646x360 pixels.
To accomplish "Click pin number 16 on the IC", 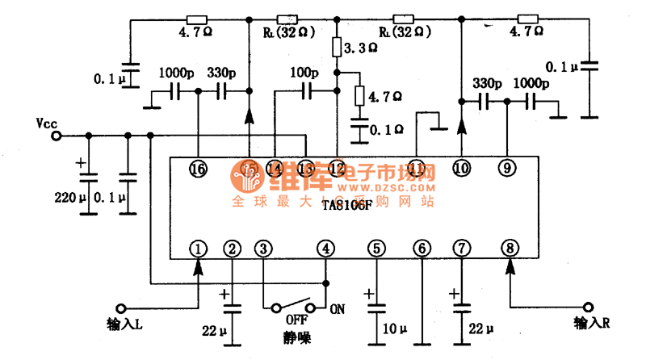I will [198, 168].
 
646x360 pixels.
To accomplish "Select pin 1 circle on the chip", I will [198, 249].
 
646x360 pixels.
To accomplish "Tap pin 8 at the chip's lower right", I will [509, 248].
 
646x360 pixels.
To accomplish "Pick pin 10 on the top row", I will [461, 168].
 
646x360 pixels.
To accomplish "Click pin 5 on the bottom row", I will [376, 249].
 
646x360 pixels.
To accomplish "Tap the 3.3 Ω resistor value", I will [360, 48].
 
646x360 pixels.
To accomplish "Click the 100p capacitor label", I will [304, 73].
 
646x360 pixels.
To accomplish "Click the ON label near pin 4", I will [338, 308].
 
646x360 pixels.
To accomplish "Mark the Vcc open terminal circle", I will [56, 136].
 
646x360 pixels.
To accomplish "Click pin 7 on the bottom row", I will [461, 249].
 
